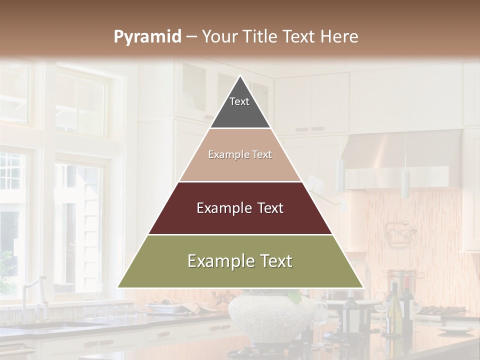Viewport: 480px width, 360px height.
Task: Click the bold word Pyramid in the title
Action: click(147, 36)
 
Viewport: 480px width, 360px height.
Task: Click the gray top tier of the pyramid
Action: click(240, 107)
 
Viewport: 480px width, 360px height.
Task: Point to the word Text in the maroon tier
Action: click(267, 208)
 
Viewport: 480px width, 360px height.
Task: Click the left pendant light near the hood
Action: click(340, 175)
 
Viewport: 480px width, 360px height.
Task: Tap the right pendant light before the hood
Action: click(405, 183)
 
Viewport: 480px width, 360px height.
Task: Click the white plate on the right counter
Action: click(455, 329)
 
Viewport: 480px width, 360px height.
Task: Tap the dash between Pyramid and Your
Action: click(191, 36)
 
